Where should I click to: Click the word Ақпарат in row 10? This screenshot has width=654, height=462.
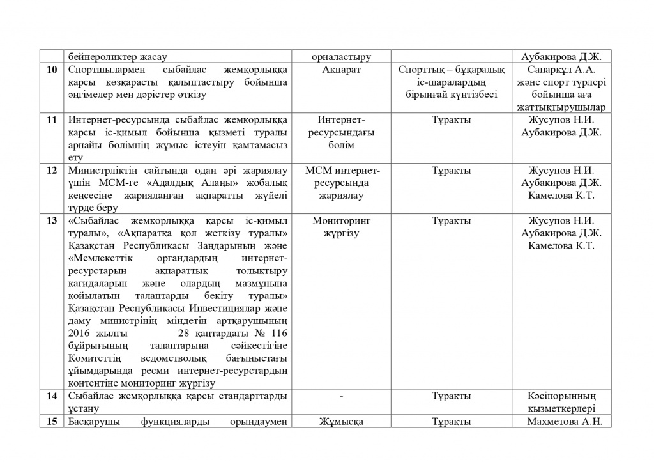point(342,70)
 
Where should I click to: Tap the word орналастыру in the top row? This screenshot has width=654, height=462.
point(342,57)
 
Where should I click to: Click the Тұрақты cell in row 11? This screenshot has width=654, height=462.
point(452,120)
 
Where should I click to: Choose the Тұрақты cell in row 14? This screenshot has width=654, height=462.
point(452,397)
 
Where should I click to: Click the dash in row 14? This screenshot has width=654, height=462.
point(342,397)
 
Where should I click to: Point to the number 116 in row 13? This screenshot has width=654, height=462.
point(280,334)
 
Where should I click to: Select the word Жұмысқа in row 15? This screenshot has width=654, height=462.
point(342,422)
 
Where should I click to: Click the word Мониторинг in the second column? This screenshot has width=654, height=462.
point(342,221)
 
